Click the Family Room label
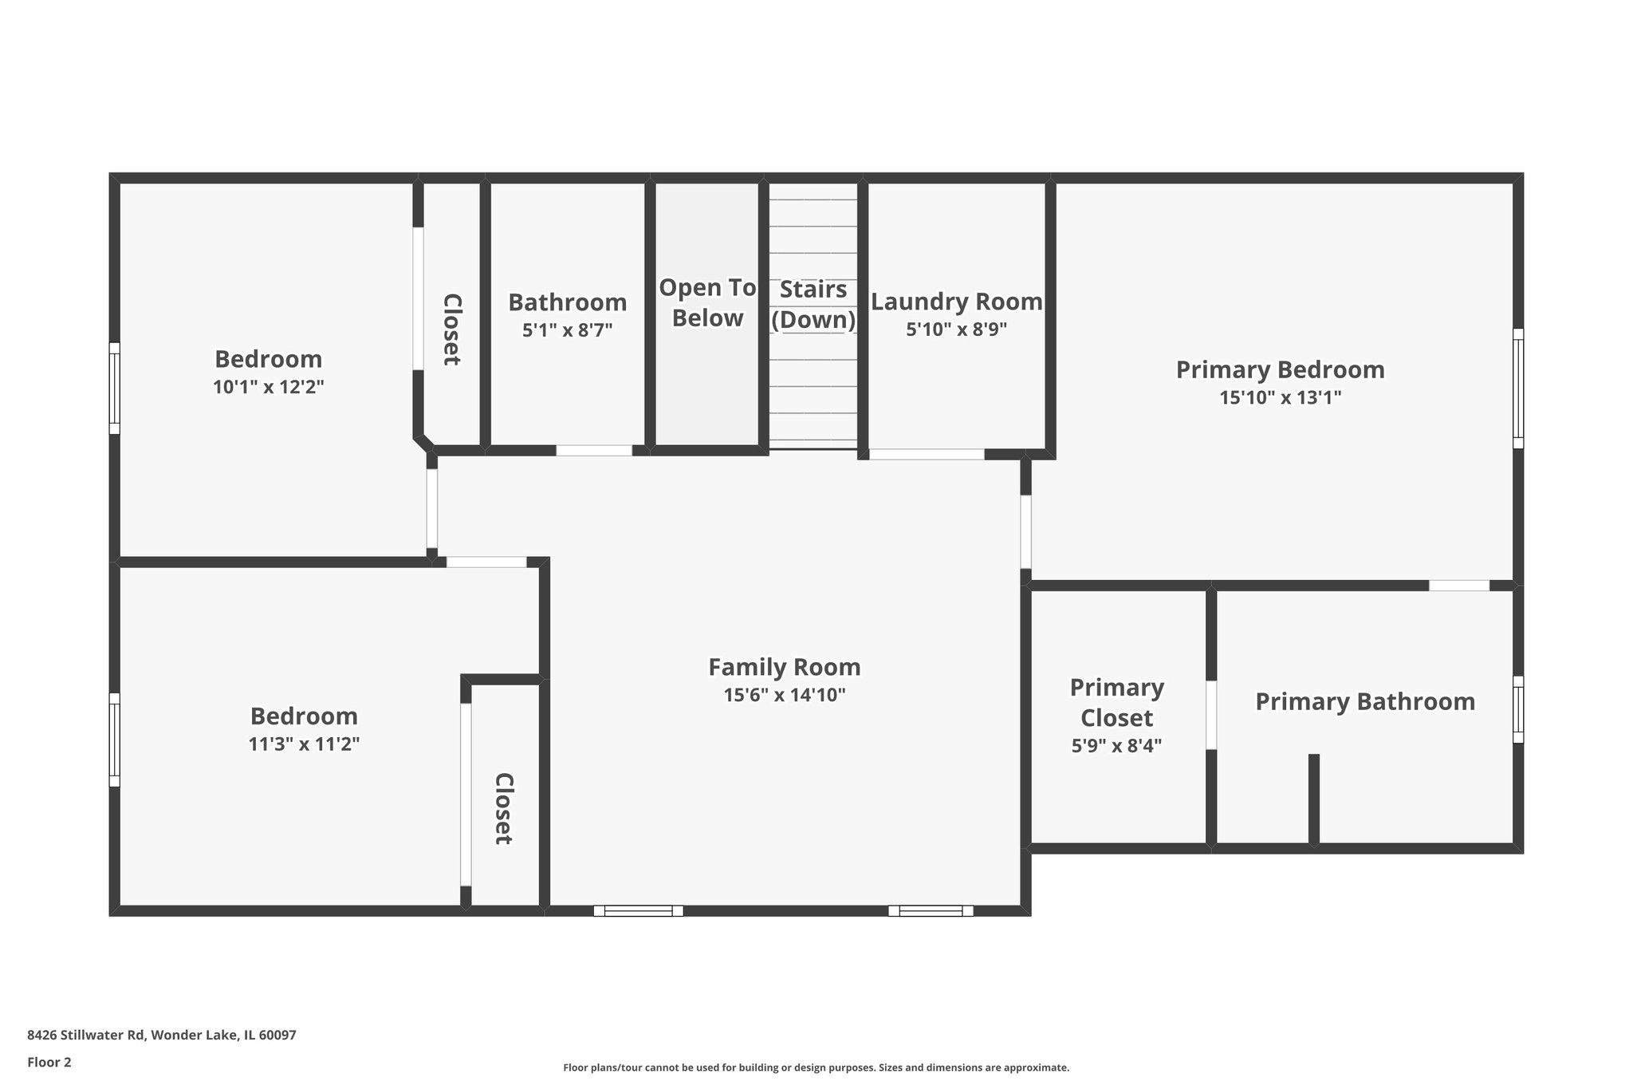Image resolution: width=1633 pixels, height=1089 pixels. pos(784,667)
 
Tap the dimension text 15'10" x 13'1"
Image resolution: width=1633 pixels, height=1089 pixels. pos(1280,397)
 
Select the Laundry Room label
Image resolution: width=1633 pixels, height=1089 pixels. pos(956,302)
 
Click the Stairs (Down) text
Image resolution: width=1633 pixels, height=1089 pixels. pos(813,305)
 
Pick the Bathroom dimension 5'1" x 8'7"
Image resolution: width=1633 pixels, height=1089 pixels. pos(567,330)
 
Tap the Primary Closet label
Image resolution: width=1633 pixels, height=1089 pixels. pos(1116,702)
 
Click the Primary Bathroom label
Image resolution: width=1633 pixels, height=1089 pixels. pos(1364,702)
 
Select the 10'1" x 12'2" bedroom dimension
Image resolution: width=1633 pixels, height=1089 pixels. pos(268,388)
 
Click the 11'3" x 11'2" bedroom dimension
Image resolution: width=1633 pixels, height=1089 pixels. pos(304,744)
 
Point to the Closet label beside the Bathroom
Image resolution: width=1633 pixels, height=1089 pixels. pos(451,329)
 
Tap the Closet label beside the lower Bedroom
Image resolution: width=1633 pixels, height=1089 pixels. pos(502,808)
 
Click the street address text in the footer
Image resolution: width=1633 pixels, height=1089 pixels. pos(162,1035)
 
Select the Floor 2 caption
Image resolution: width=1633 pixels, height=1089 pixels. pos(49,1062)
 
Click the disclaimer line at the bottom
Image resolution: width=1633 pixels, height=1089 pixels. pos(816,1067)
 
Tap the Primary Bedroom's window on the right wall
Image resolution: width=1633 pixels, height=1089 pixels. pos(1517,389)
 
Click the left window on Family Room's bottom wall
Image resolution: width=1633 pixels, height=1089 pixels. pos(638,910)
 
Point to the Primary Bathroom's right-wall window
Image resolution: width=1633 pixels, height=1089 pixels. pos(1517,709)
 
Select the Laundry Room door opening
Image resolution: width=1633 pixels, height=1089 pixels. pos(926,455)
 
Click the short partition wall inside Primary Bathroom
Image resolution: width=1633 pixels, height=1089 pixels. pos(1313,798)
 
